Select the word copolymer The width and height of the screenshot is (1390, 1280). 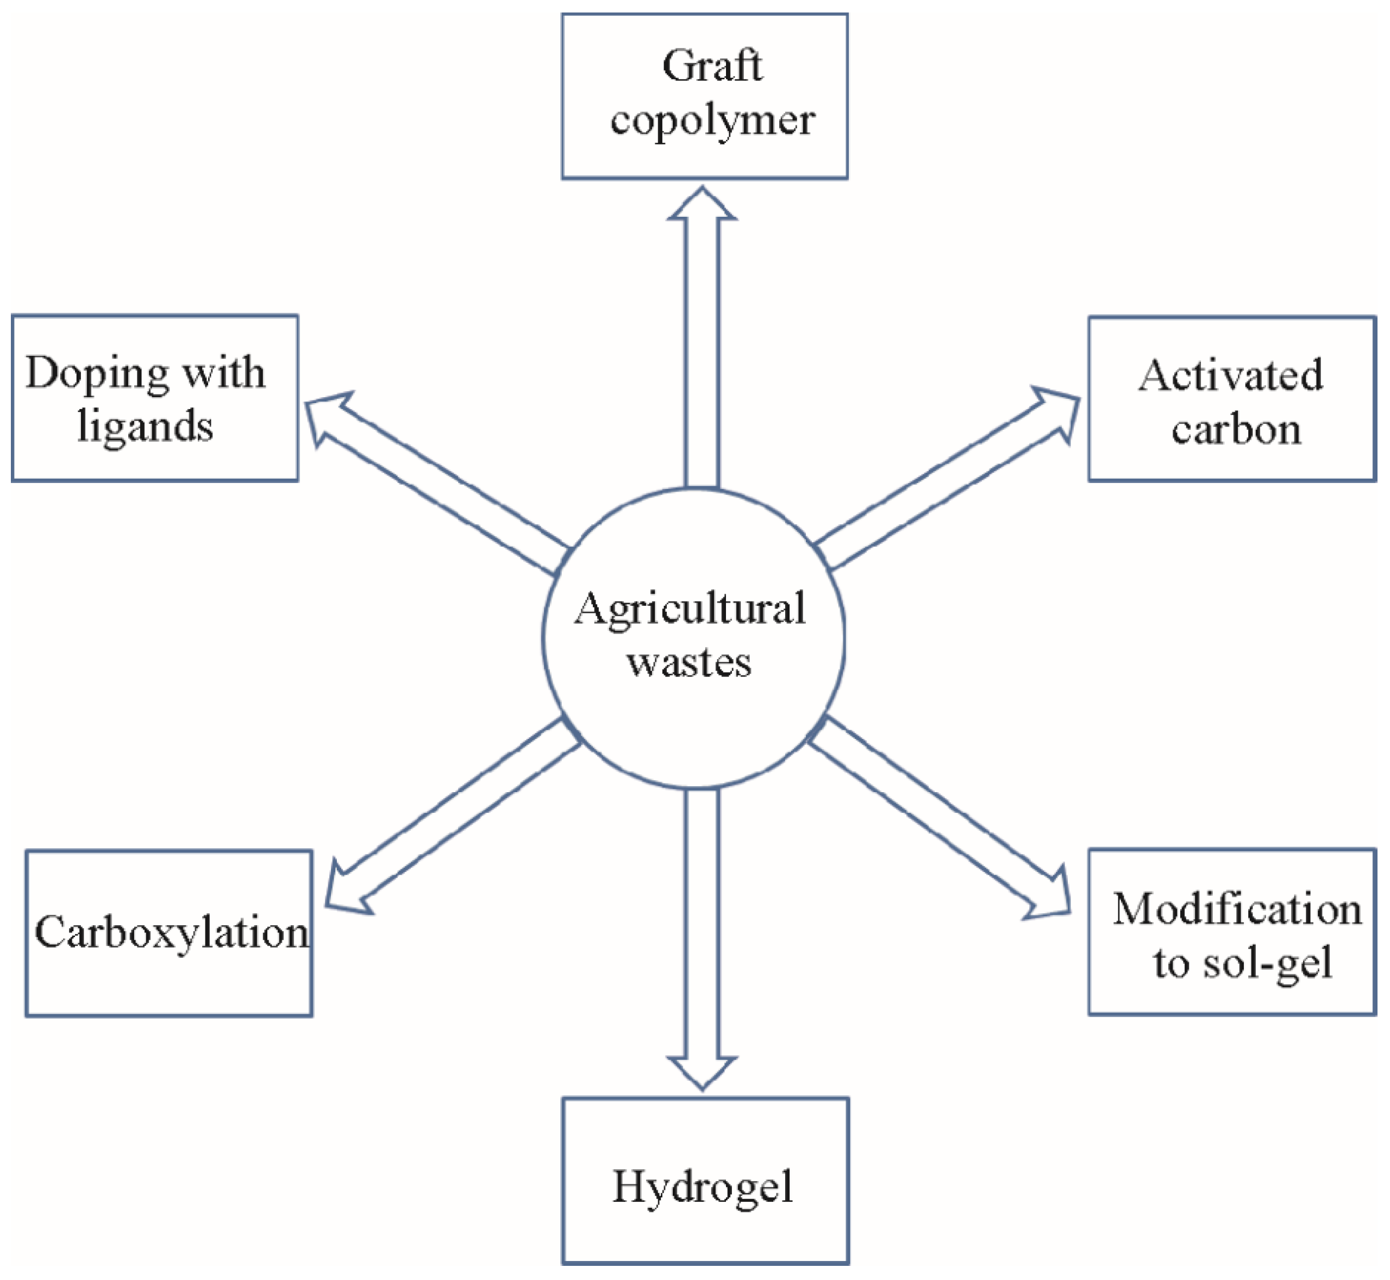coord(712,122)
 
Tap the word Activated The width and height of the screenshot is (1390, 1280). coord(1231,375)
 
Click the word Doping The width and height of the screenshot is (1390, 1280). coord(96,374)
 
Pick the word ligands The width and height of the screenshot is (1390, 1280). coord(145,425)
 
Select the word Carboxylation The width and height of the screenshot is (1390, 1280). coord(172,932)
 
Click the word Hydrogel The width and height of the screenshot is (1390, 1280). coord(703,1187)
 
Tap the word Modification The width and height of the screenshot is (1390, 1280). coord(1237,909)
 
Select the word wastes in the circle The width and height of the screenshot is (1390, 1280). coord(689,663)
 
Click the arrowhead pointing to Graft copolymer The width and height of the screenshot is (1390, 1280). coord(702,205)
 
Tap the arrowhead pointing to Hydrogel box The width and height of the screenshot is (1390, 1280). coord(702,1071)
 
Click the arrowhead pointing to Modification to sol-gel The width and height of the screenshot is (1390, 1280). coord(1050,897)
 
